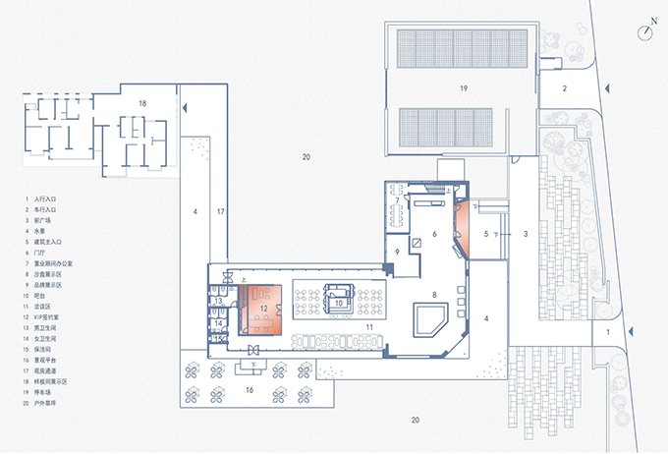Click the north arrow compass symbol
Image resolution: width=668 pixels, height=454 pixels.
pos(645,31)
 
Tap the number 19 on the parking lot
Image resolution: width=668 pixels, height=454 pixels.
pos(462,88)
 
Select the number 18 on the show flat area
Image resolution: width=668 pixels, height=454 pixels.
pos(142,103)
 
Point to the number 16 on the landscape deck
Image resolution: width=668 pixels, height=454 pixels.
pos(250,390)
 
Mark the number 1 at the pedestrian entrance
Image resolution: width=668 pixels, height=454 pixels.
pos(608,335)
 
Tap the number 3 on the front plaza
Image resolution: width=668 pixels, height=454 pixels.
pos(527,233)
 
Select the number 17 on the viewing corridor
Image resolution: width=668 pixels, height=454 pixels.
pos(221,211)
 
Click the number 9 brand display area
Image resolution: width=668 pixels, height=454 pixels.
pos(397,252)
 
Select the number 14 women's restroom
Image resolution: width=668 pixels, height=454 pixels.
pos(220,321)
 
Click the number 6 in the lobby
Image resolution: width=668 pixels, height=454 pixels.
pos(432,233)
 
